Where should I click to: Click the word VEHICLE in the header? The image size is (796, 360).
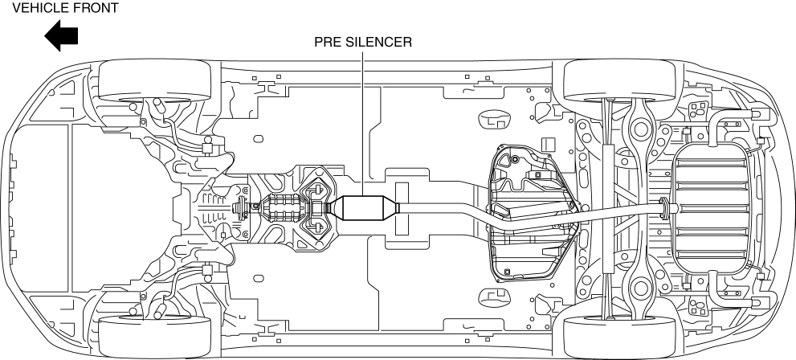click(x=39, y=8)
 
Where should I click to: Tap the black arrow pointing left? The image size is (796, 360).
click(x=61, y=35)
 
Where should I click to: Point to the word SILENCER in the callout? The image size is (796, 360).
click(x=378, y=42)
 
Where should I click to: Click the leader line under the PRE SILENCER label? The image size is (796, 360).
click(x=363, y=122)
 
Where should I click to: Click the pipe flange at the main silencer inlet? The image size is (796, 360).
click(x=663, y=208)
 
